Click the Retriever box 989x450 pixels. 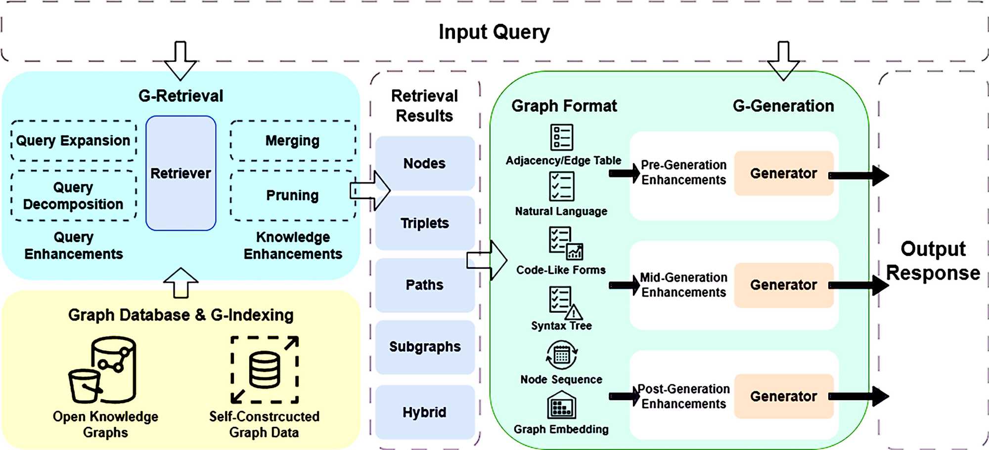pyautogui.click(x=180, y=173)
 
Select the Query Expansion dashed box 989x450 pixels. pyautogui.click(x=73, y=141)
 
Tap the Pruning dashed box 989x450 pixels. pyautogui.click(x=292, y=196)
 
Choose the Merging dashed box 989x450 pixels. pyautogui.click(x=292, y=141)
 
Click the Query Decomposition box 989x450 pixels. pyautogui.click(x=73, y=196)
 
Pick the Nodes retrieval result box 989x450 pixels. pyautogui.click(x=424, y=164)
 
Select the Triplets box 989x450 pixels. pyautogui.click(x=424, y=223)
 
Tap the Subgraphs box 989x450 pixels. pyautogui.click(x=424, y=347)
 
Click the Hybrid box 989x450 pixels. pyautogui.click(x=424, y=412)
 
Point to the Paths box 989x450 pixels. pyautogui.click(x=424, y=285)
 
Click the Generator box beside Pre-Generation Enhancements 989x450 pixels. pyautogui.click(x=783, y=173)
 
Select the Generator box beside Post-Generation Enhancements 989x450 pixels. pyautogui.click(x=783, y=396)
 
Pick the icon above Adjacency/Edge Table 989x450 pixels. pyautogui.click(x=561, y=137)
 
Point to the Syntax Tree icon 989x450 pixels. pyautogui.click(x=564, y=302)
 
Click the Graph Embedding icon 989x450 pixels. pyautogui.click(x=561, y=406)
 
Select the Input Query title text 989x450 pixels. pyautogui.click(x=494, y=32)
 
